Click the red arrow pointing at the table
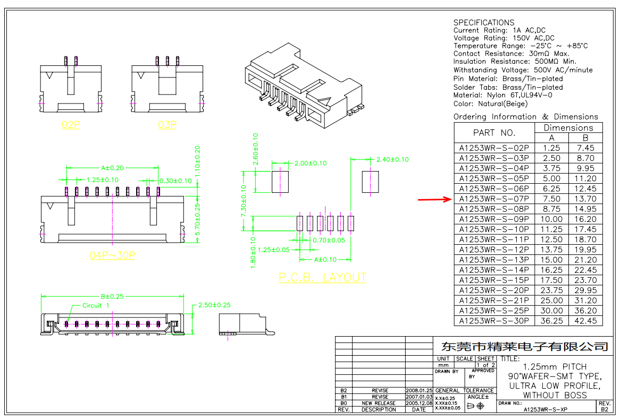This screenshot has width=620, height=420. coord(434,199)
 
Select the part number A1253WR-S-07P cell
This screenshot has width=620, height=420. coord(494,199)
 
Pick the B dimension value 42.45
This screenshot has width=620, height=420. coord(585,321)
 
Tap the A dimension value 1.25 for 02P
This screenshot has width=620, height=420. coord(551,148)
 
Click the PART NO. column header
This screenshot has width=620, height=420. coord(495,133)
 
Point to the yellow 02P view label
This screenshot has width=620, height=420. coord(71,125)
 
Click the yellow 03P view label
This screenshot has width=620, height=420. coord(167,125)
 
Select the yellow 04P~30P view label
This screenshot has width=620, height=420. coord(112,255)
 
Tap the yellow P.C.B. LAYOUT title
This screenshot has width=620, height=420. coord(323,278)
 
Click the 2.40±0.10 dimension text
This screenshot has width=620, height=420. coord(392,159)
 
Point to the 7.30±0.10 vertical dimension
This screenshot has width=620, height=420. coord(244,201)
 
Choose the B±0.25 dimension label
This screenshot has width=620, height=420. coord(112,296)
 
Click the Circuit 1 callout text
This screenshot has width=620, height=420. coord(96,305)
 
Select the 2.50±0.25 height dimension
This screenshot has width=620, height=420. coord(214,305)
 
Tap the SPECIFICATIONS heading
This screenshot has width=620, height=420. coord(484,22)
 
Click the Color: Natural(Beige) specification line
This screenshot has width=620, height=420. coord(491,104)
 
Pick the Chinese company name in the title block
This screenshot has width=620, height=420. coord(525,347)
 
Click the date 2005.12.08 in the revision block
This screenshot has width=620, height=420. coord(419,404)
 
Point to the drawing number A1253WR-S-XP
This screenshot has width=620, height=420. coord(546,409)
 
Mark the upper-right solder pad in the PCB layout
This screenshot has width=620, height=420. coord(370,182)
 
